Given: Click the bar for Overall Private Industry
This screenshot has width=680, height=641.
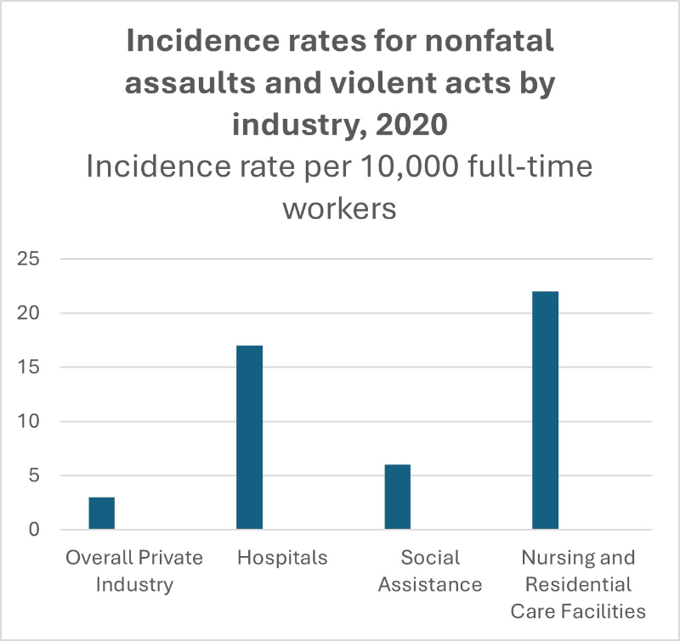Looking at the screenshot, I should (x=101, y=513).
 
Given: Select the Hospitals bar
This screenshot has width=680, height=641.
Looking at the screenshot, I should (x=249, y=437).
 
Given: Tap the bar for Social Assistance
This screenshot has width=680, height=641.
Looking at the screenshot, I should (x=397, y=497).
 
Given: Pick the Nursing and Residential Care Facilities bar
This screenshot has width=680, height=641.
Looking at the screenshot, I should (x=545, y=410).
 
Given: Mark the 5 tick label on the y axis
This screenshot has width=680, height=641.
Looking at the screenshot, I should (x=34, y=476).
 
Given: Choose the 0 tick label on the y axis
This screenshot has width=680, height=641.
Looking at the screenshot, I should (x=34, y=530).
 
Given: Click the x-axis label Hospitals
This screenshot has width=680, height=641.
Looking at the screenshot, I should (x=282, y=558).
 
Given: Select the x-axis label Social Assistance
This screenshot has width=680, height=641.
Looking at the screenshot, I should (x=430, y=571).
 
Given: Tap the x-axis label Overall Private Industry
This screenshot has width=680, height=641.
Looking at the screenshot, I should (x=134, y=571).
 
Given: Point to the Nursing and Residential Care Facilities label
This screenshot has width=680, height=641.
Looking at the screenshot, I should (x=578, y=584).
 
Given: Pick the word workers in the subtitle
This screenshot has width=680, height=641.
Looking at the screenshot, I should (x=340, y=207).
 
